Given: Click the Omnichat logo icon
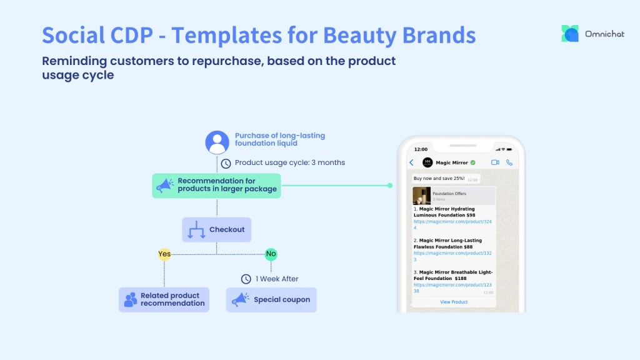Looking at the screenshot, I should [570, 34].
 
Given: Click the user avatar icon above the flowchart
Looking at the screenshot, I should [217, 142].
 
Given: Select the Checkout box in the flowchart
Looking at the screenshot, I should [217, 229].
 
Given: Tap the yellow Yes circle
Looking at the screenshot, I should [164, 254].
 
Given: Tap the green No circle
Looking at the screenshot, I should [271, 254].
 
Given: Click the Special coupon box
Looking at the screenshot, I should [271, 300].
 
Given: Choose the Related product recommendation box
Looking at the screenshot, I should [164, 300].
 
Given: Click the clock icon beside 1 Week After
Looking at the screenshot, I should [246, 279].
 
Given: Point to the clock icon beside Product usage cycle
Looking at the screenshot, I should [226, 163].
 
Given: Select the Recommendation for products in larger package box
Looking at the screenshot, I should [216, 186].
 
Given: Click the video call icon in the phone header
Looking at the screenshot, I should [495, 162].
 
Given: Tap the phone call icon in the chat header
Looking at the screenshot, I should [509, 162].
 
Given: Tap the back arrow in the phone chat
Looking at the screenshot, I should [411, 162].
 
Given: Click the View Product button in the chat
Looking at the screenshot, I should [454, 302].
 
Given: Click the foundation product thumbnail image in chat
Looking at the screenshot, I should [421, 196].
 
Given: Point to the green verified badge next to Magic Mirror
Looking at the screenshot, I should [472, 162].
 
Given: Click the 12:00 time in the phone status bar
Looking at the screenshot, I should [421, 149].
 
